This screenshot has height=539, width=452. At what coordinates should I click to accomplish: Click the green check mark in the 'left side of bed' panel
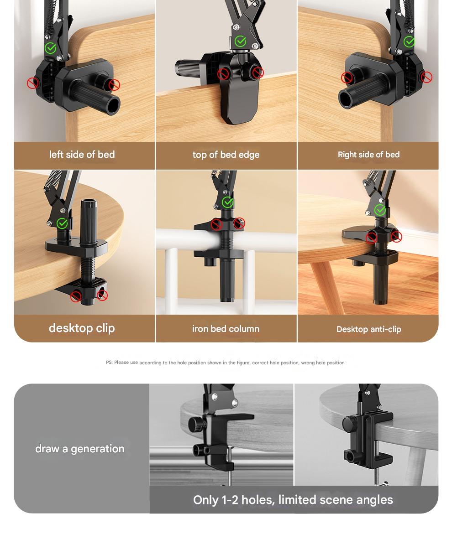(x=51, y=48)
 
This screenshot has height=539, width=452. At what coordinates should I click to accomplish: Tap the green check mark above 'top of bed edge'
(x=240, y=41)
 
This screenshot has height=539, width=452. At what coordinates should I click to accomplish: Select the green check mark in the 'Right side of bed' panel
(x=409, y=42)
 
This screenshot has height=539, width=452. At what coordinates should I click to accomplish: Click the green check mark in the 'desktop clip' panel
(x=62, y=223)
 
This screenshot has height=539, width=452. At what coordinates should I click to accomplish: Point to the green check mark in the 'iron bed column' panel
(x=227, y=202)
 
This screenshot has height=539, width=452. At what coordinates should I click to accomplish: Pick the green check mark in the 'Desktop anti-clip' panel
(x=380, y=210)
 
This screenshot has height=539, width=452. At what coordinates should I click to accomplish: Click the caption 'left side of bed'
(x=82, y=155)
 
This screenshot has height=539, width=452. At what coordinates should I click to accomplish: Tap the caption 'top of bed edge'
(x=226, y=155)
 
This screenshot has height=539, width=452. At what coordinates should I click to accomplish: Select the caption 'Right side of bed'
(x=369, y=155)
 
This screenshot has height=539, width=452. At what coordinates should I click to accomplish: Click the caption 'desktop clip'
(x=82, y=328)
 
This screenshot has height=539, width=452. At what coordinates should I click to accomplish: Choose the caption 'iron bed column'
(x=226, y=329)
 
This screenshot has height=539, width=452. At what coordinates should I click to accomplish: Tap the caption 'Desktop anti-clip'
(x=369, y=329)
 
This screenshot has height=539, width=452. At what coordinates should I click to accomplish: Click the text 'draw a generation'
(x=80, y=449)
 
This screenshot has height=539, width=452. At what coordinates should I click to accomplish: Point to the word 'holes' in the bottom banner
(x=258, y=500)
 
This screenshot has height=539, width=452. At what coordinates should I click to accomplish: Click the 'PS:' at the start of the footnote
(x=109, y=363)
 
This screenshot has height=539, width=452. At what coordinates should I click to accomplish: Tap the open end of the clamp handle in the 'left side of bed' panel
(x=113, y=104)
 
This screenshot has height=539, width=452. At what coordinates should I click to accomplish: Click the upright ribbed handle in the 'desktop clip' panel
(x=89, y=222)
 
